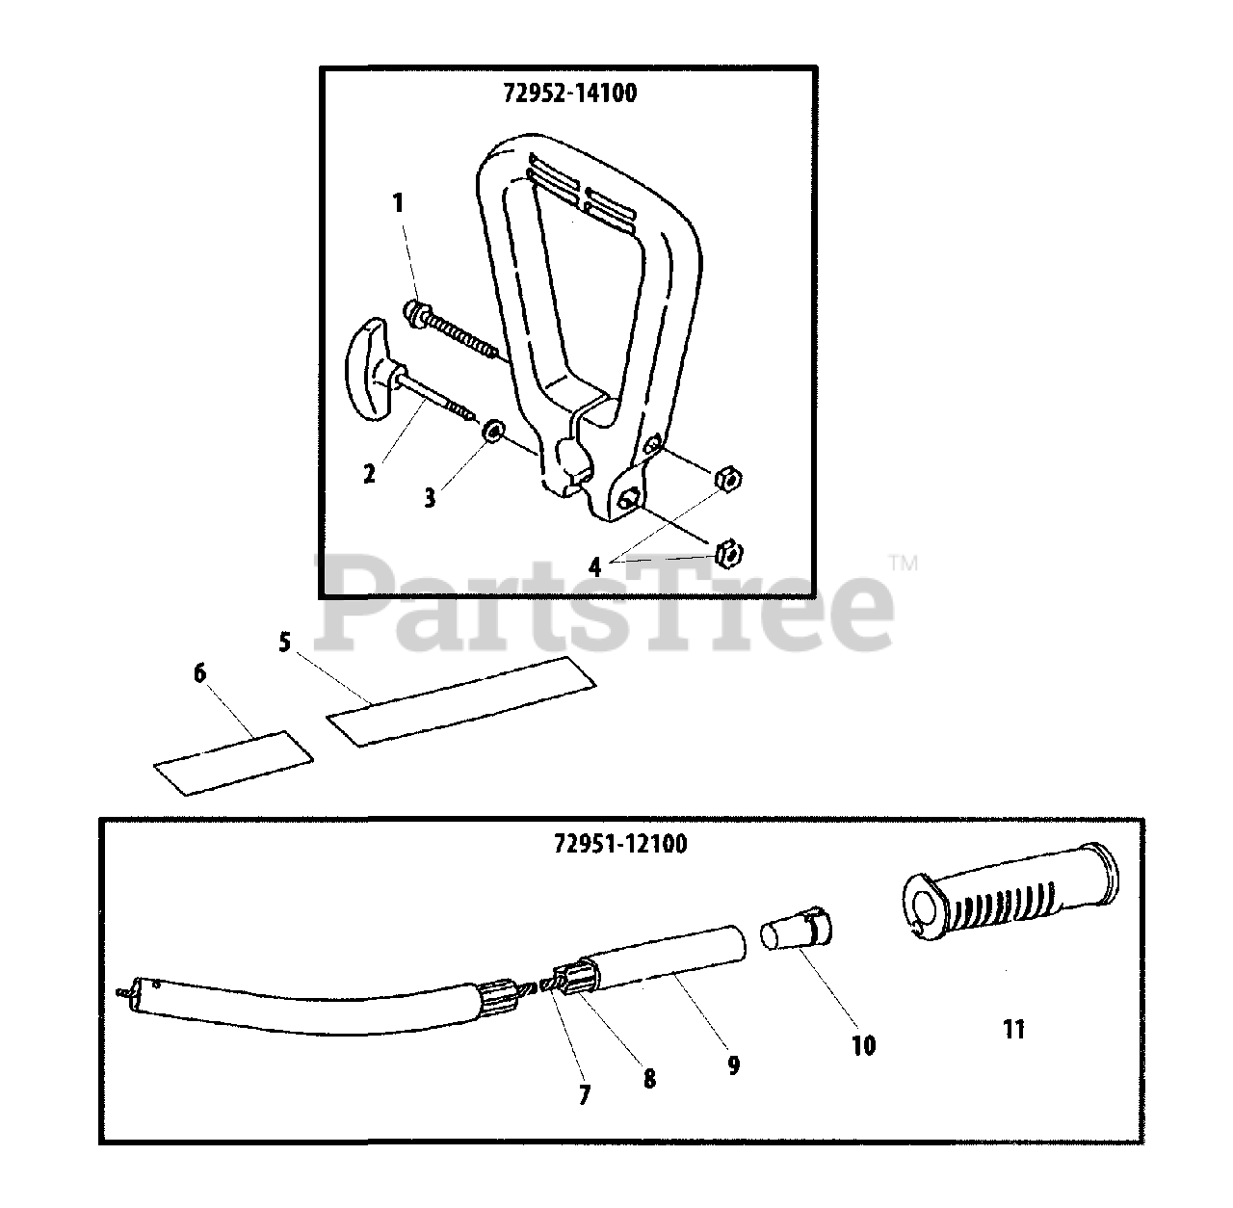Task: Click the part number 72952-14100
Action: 569,93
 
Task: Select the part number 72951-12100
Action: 619,844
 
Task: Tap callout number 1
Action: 398,203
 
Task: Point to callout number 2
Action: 369,473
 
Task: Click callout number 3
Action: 430,497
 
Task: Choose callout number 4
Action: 595,567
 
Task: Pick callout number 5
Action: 284,643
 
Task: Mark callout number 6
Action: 199,673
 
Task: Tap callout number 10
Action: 863,1045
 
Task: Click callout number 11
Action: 1012,1030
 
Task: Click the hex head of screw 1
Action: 414,312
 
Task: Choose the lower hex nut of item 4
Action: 728,552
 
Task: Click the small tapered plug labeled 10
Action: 797,932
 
